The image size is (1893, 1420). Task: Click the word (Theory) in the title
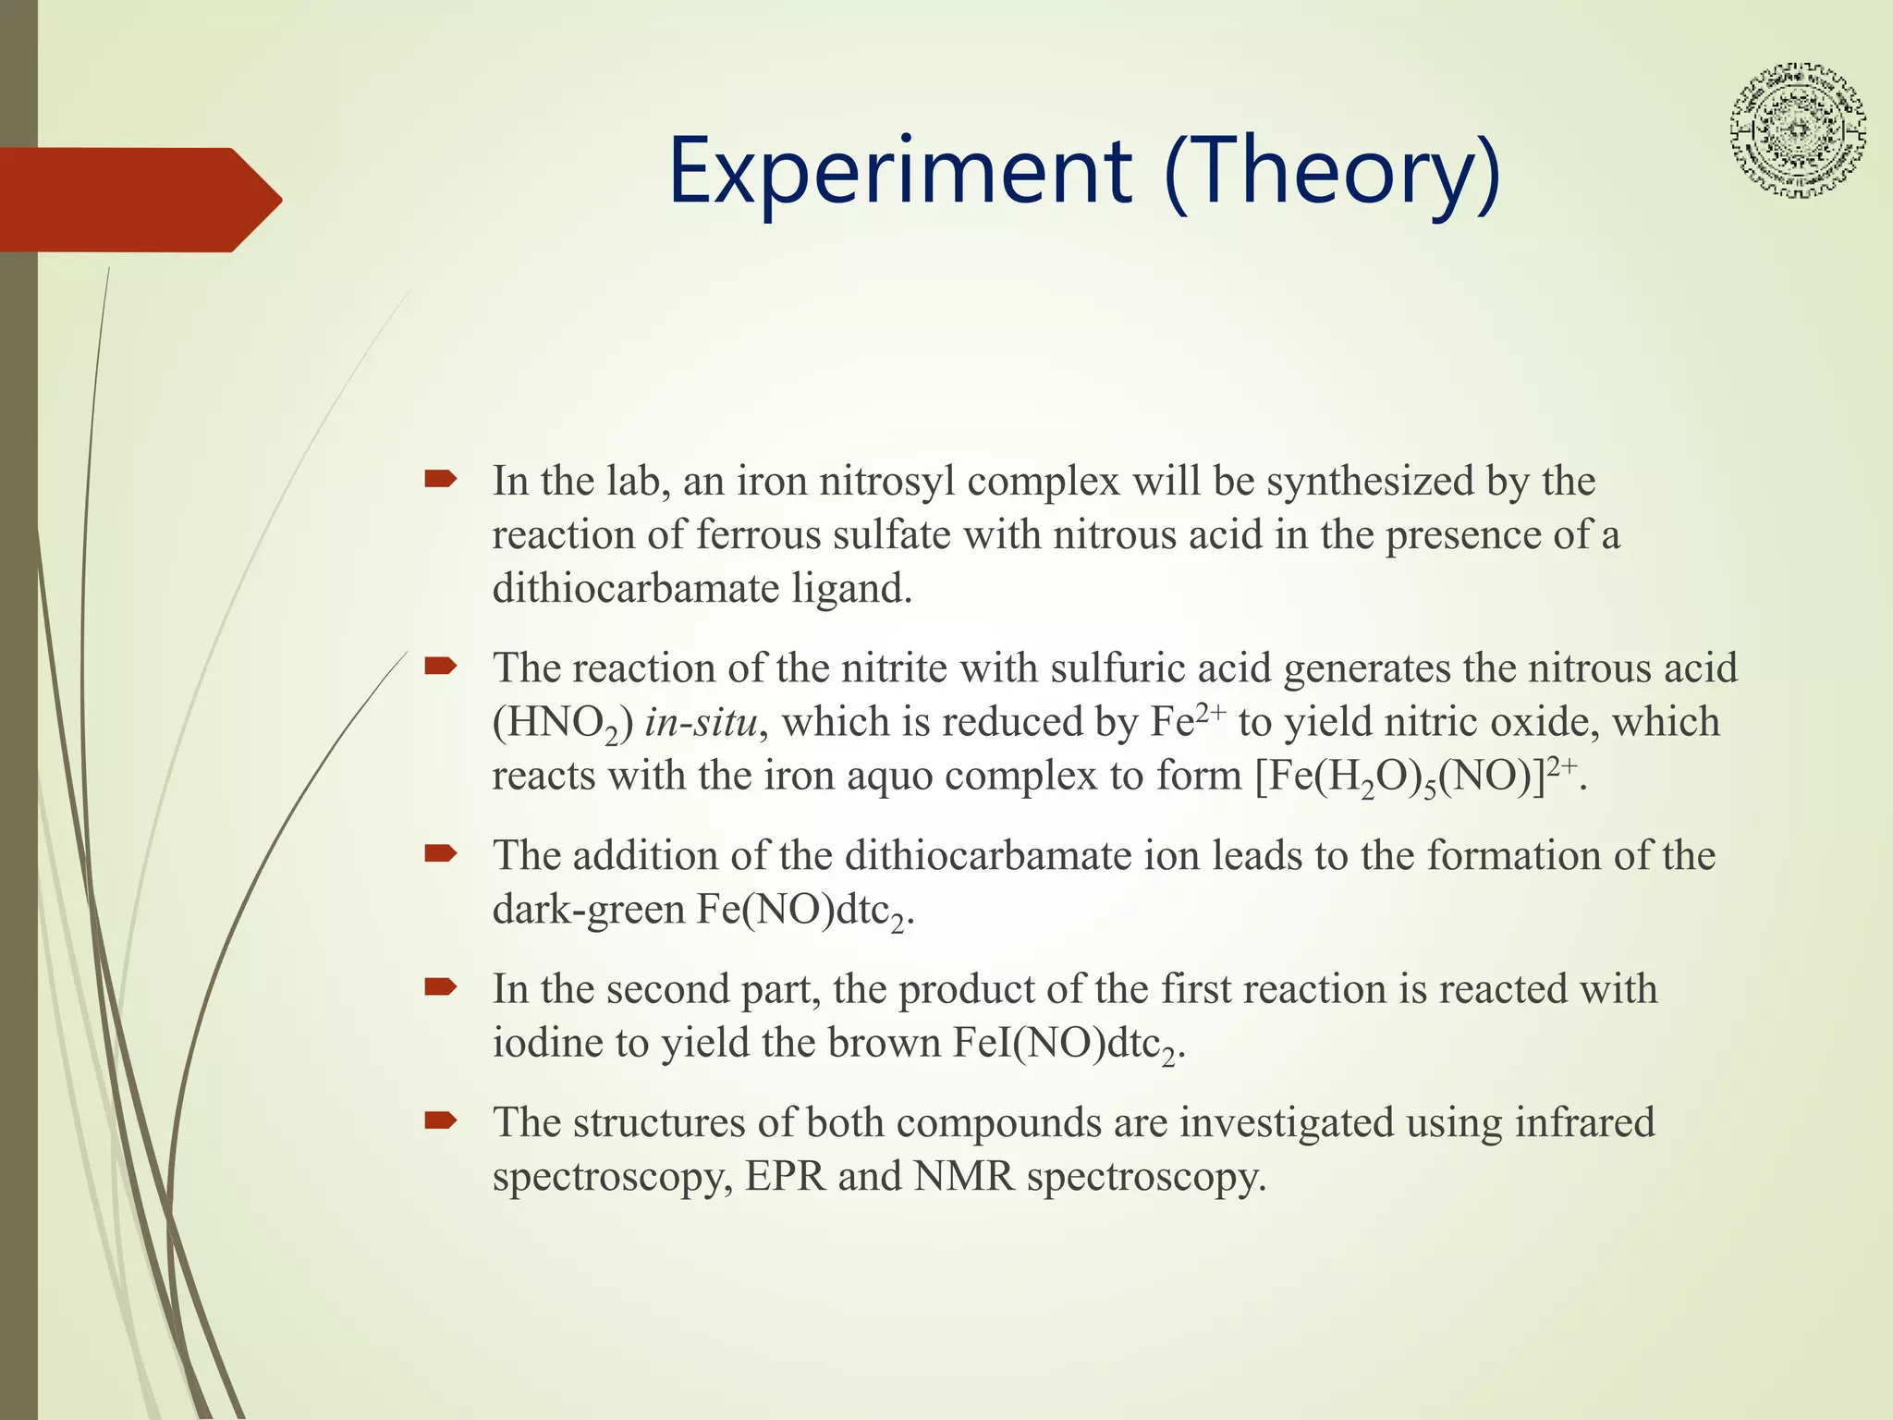[1331, 172]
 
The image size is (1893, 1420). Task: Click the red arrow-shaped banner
[139, 200]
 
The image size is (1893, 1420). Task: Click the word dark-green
[588, 910]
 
